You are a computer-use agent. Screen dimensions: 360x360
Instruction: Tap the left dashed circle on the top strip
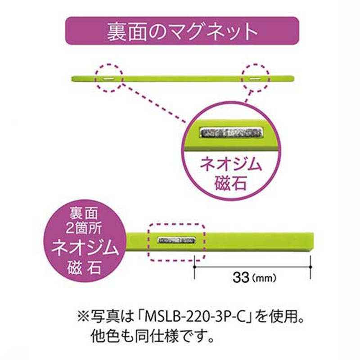coord(108,78)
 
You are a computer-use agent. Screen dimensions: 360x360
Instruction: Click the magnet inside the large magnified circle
coord(230,132)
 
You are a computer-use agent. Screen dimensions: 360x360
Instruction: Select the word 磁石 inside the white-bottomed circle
coord(230,184)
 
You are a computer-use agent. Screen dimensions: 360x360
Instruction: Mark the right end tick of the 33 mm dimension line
coord(310,267)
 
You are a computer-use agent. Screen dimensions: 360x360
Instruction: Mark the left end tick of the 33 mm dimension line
coord(194,267)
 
